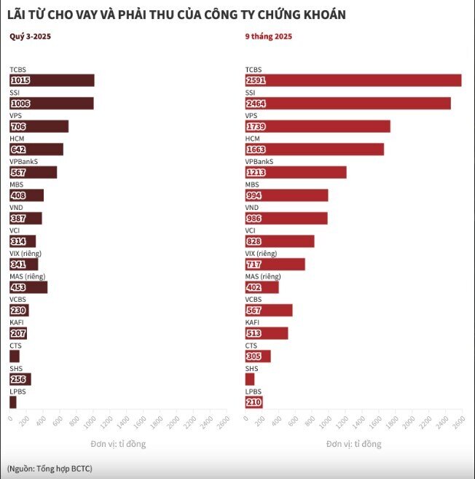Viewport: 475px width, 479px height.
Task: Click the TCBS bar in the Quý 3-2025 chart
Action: point(52,80)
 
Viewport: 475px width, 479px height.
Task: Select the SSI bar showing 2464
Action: point(348,104)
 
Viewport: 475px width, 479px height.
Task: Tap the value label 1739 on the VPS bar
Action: point(256,126)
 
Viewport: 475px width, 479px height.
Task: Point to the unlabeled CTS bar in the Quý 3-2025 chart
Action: point(15,357)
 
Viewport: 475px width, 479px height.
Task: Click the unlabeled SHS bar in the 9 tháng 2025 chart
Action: point(250,379)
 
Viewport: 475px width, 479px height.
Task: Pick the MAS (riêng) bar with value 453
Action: point(28,287)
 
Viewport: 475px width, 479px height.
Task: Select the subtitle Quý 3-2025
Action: point(30,36)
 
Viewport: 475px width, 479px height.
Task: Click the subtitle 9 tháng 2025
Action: point(269,36)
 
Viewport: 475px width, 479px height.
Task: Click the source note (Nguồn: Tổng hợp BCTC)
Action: point(50,469)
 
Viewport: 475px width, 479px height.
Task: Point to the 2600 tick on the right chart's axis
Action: point(460,422)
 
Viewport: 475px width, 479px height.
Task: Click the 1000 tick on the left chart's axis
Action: point(90,422)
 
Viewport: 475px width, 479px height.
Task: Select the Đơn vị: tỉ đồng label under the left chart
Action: point(118,444)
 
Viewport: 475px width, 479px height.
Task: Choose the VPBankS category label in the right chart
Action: point(259,162)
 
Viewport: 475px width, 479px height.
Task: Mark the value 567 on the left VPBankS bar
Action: point(18,173)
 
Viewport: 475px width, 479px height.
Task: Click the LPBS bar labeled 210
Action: point(254,402)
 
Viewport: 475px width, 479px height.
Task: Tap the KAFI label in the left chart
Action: point(17,322)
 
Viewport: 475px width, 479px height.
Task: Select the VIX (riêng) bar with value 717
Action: point(275,264)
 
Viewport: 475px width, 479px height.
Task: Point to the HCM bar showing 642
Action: point(36,149)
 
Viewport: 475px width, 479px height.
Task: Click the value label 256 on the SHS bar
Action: point(18,379)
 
